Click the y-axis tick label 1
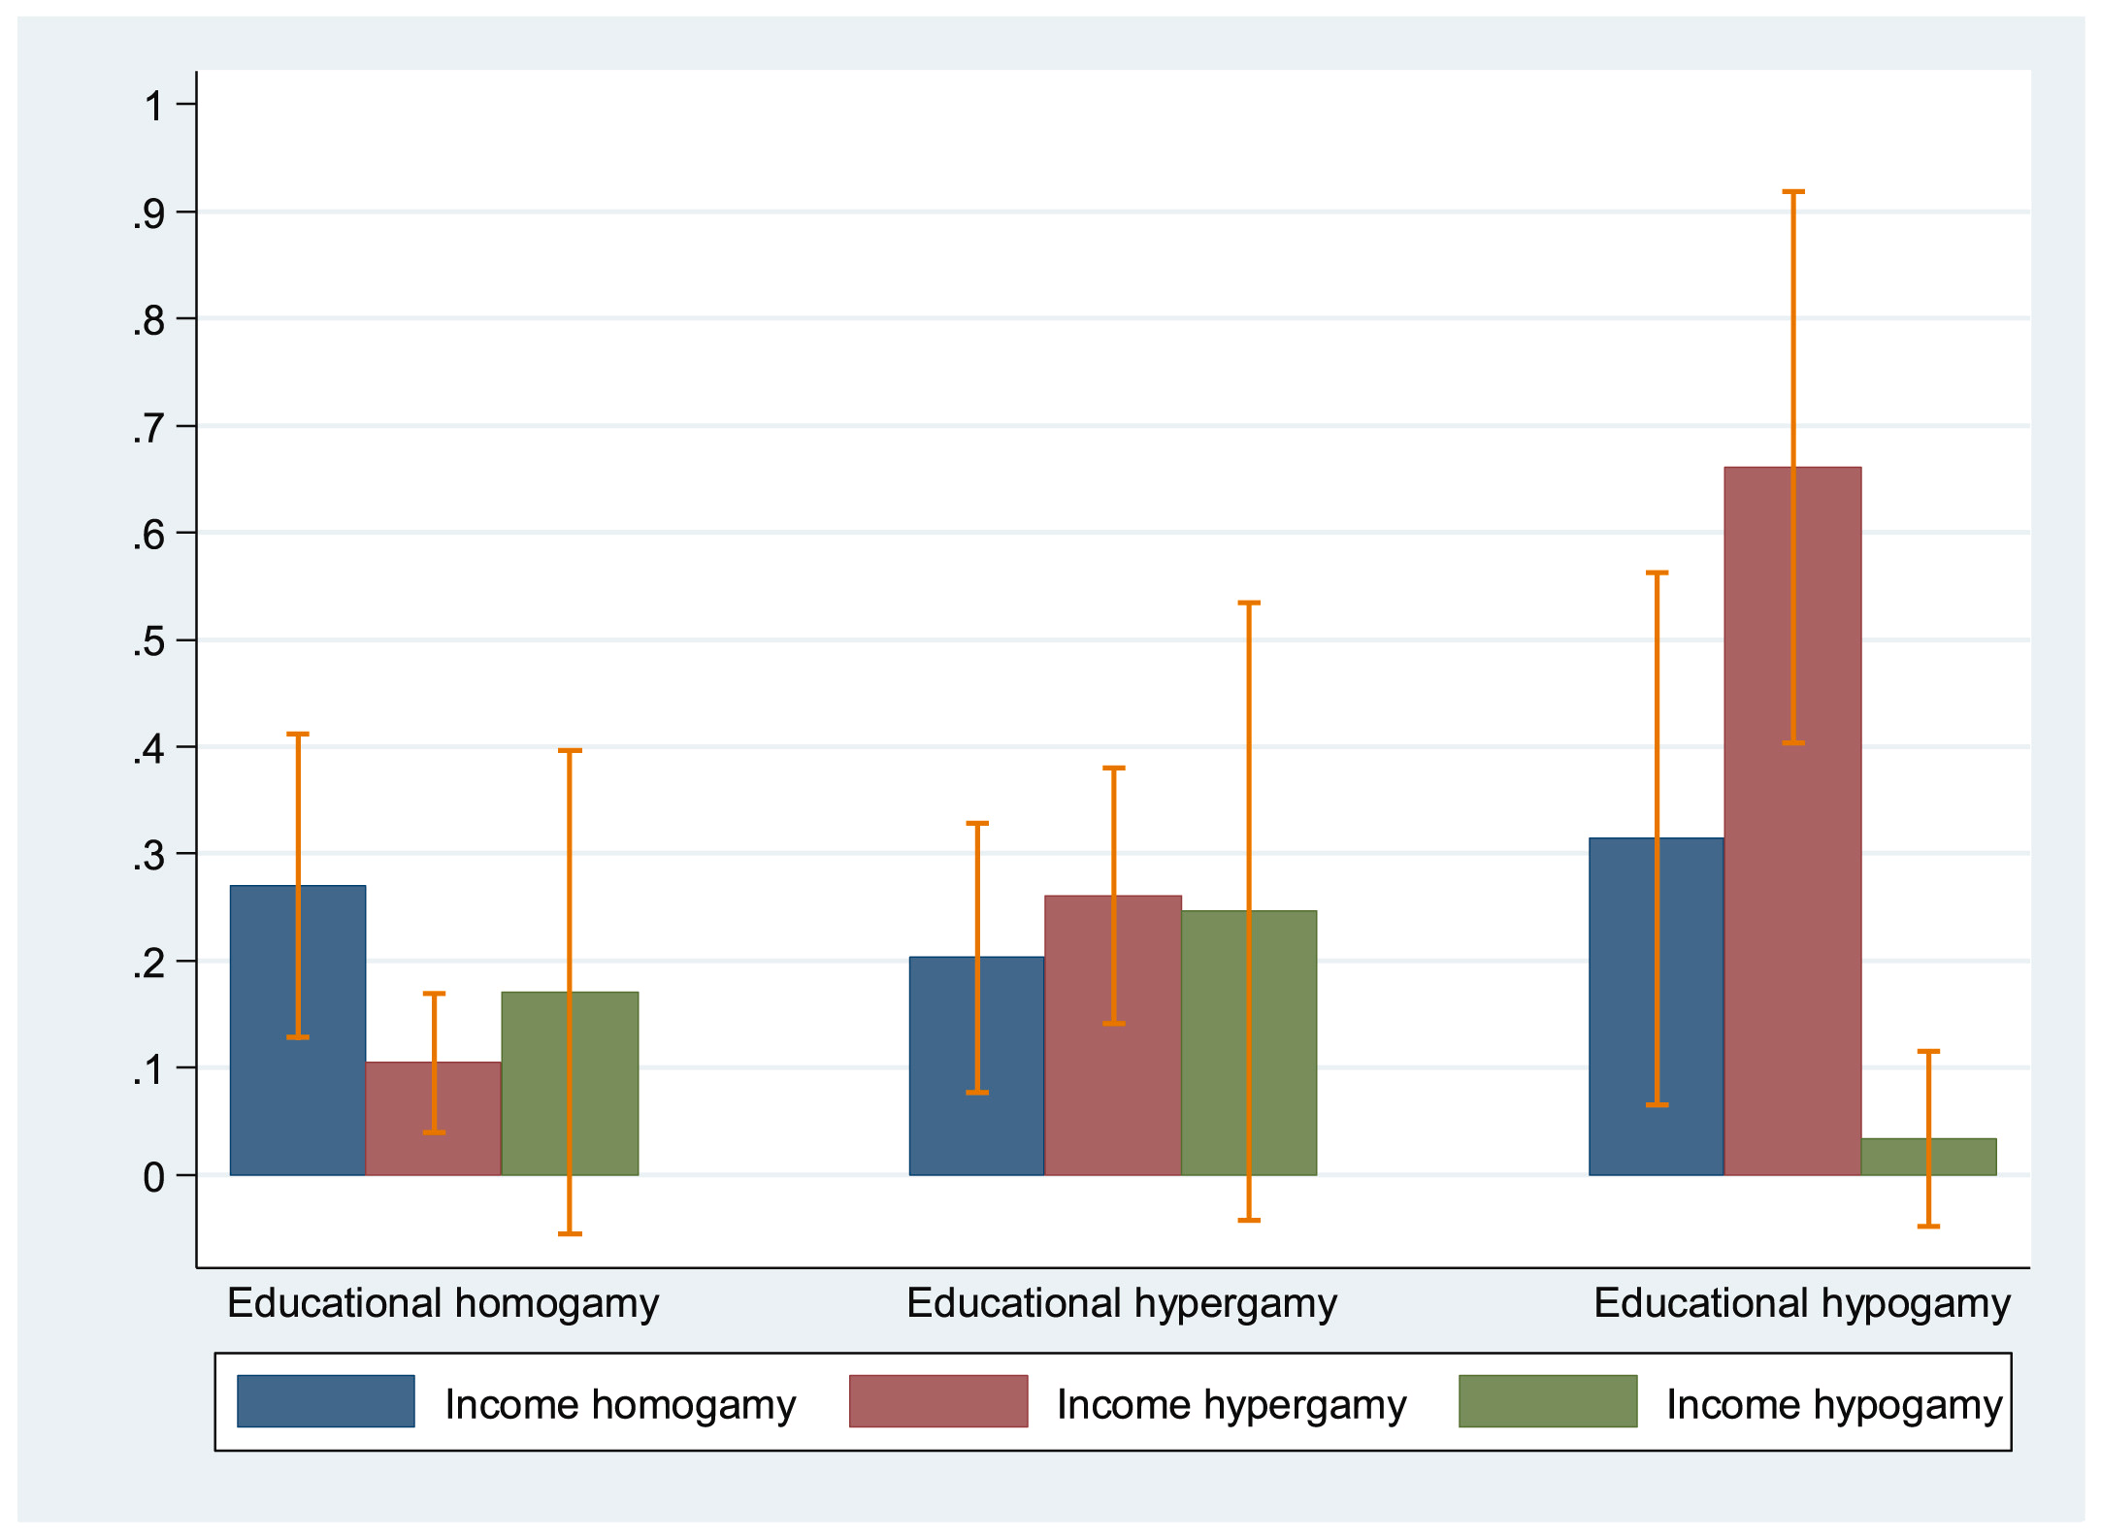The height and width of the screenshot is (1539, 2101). pyautogui.click(x=153, y=106)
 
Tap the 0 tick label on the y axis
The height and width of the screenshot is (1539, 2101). pyautogui.click(x=153, y=1177)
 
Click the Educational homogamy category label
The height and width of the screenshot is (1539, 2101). pyautogui.click(x=443, y=1303)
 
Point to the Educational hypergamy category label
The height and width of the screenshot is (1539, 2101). pyautogui.click(x=1122, y=1303)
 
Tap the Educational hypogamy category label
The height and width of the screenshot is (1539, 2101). pyautogui.click(x=1801, y=1303)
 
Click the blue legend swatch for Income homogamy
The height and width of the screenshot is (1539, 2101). pyautogui.click(x=325, y=1400)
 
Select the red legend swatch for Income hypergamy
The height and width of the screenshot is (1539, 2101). pyautogui.click(x=937, y=1400)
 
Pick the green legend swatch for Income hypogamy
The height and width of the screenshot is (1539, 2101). pyautogui.click(x=1548, y=1400)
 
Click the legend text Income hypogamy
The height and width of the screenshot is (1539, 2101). pyautogui.click(x=1833, y=1404)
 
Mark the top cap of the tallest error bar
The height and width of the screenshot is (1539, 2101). pyautogui.click(x=1792, y=192)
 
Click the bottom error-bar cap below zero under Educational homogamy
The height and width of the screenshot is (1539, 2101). pyautogui.click(x=570, y=1233)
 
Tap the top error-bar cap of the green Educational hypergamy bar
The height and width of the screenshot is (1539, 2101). pyautogui.click(x=1249, y=603)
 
